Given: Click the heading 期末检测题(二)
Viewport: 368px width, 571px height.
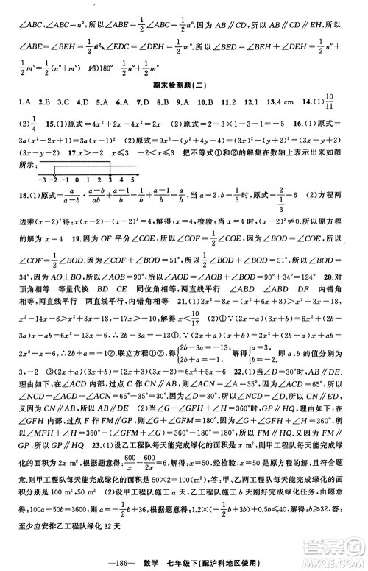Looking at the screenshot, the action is coord(184,84).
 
